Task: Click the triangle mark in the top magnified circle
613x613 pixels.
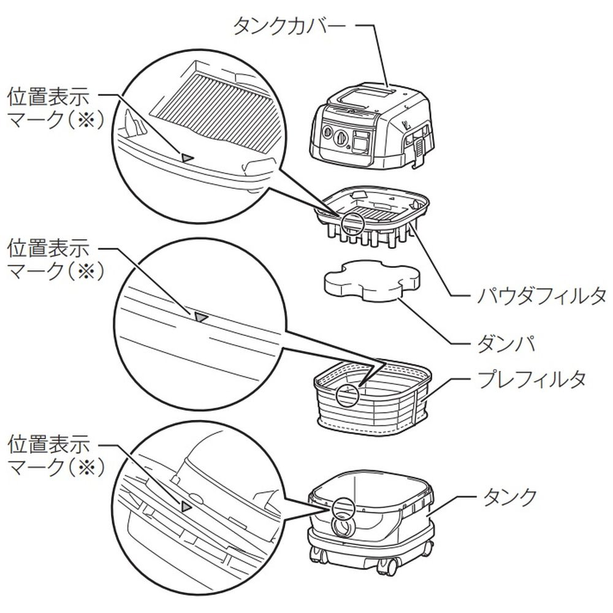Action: [187, 157]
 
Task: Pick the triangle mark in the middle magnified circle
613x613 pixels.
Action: [201, 317]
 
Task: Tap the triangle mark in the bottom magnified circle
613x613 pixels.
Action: [186, 506]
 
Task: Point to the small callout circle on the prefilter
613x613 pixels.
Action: [347, 394]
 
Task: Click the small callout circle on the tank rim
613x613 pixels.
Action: [343, 506]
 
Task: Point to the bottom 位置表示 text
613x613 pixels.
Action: [48, 443]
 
